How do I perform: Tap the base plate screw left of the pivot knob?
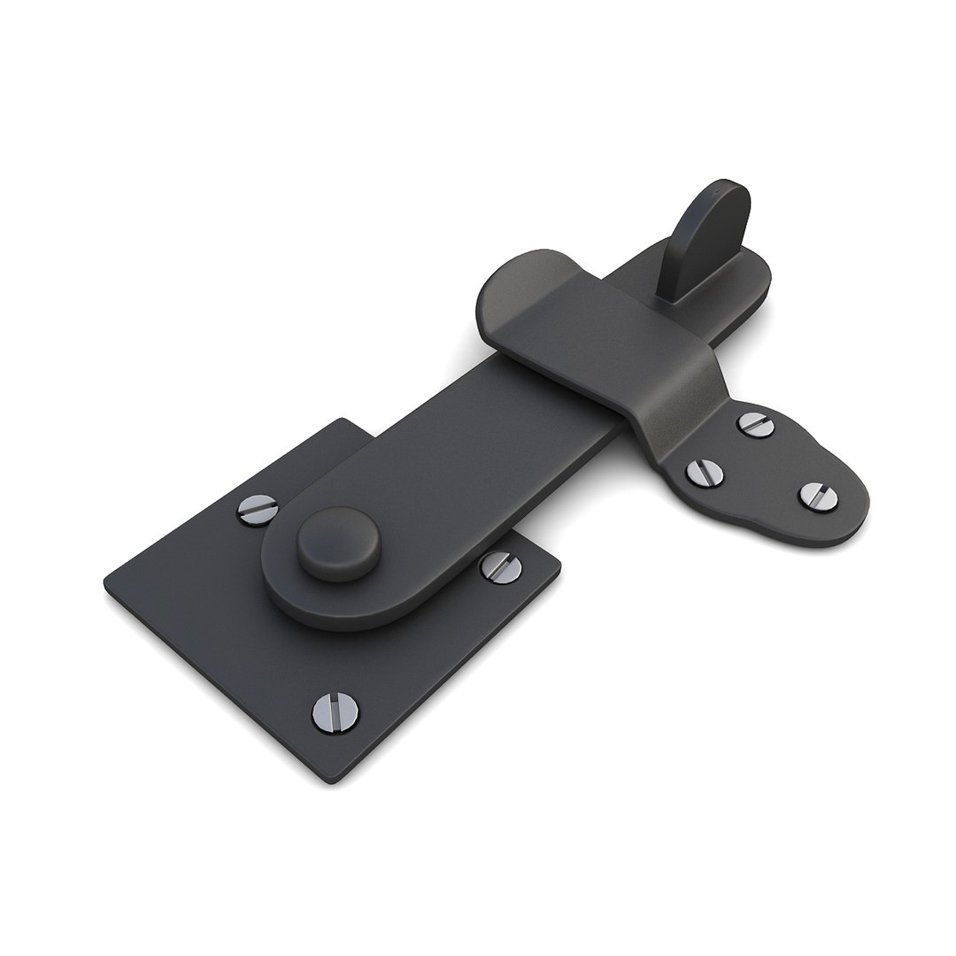pyautogui.click(x=257, y=509)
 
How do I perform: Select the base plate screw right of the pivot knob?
pyautogui.click(x=500, y=567)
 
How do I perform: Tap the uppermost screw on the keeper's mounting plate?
pyautogui.click(x=756, y=424)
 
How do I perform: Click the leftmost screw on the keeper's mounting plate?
pyautogui.click(x=705, y=473)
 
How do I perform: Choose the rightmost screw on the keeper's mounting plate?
pyautogui.click(x=818, y=496)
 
